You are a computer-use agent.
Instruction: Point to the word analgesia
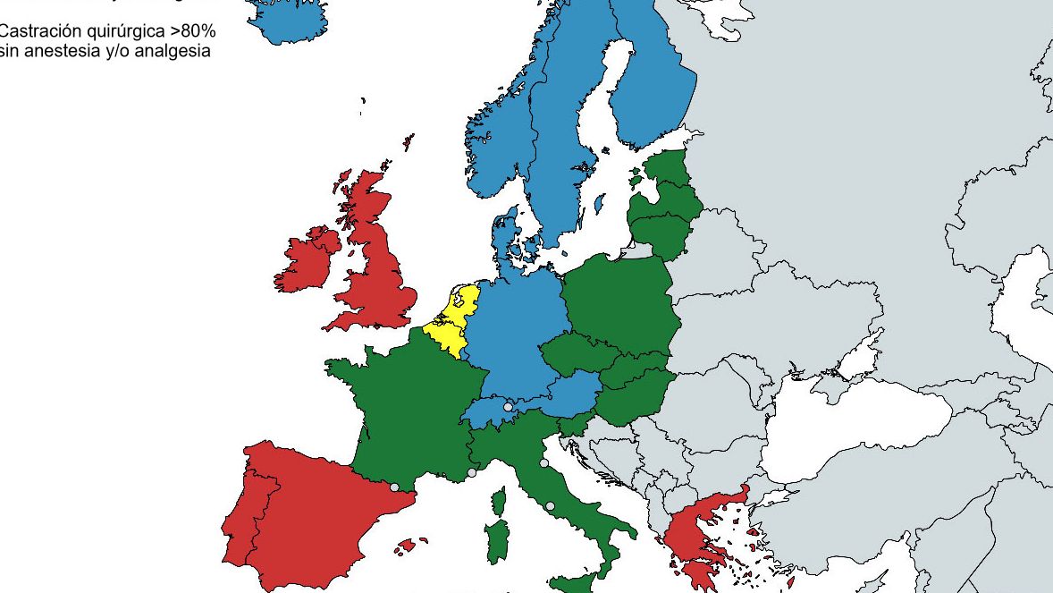tap(178, 51)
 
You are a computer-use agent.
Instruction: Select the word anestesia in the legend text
tap(57, 51)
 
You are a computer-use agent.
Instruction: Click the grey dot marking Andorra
tap(394, 487)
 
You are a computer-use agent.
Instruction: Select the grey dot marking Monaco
tap(472, 472)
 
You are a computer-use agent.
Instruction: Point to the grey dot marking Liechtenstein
tap(508, 407)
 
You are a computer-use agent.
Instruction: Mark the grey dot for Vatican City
tap(550, 506)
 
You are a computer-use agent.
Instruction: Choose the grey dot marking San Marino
tap(543, 462)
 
